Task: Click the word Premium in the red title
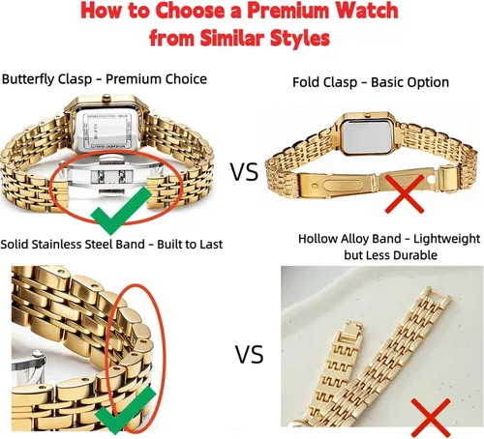point(289,11)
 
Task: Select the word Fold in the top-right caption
point(306,82)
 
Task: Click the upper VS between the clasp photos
point(244,171)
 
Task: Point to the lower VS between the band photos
point(249,355)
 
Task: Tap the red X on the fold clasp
point(405,193)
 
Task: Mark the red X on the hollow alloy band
point(431,418)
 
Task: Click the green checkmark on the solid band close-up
point(126,410)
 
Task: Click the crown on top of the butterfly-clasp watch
point(106,98)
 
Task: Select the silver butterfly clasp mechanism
point(111,176)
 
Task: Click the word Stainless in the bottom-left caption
point(56,245)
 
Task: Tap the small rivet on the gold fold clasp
point(315,186)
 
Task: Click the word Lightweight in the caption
point(446,239)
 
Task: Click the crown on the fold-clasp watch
point(367,114)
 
